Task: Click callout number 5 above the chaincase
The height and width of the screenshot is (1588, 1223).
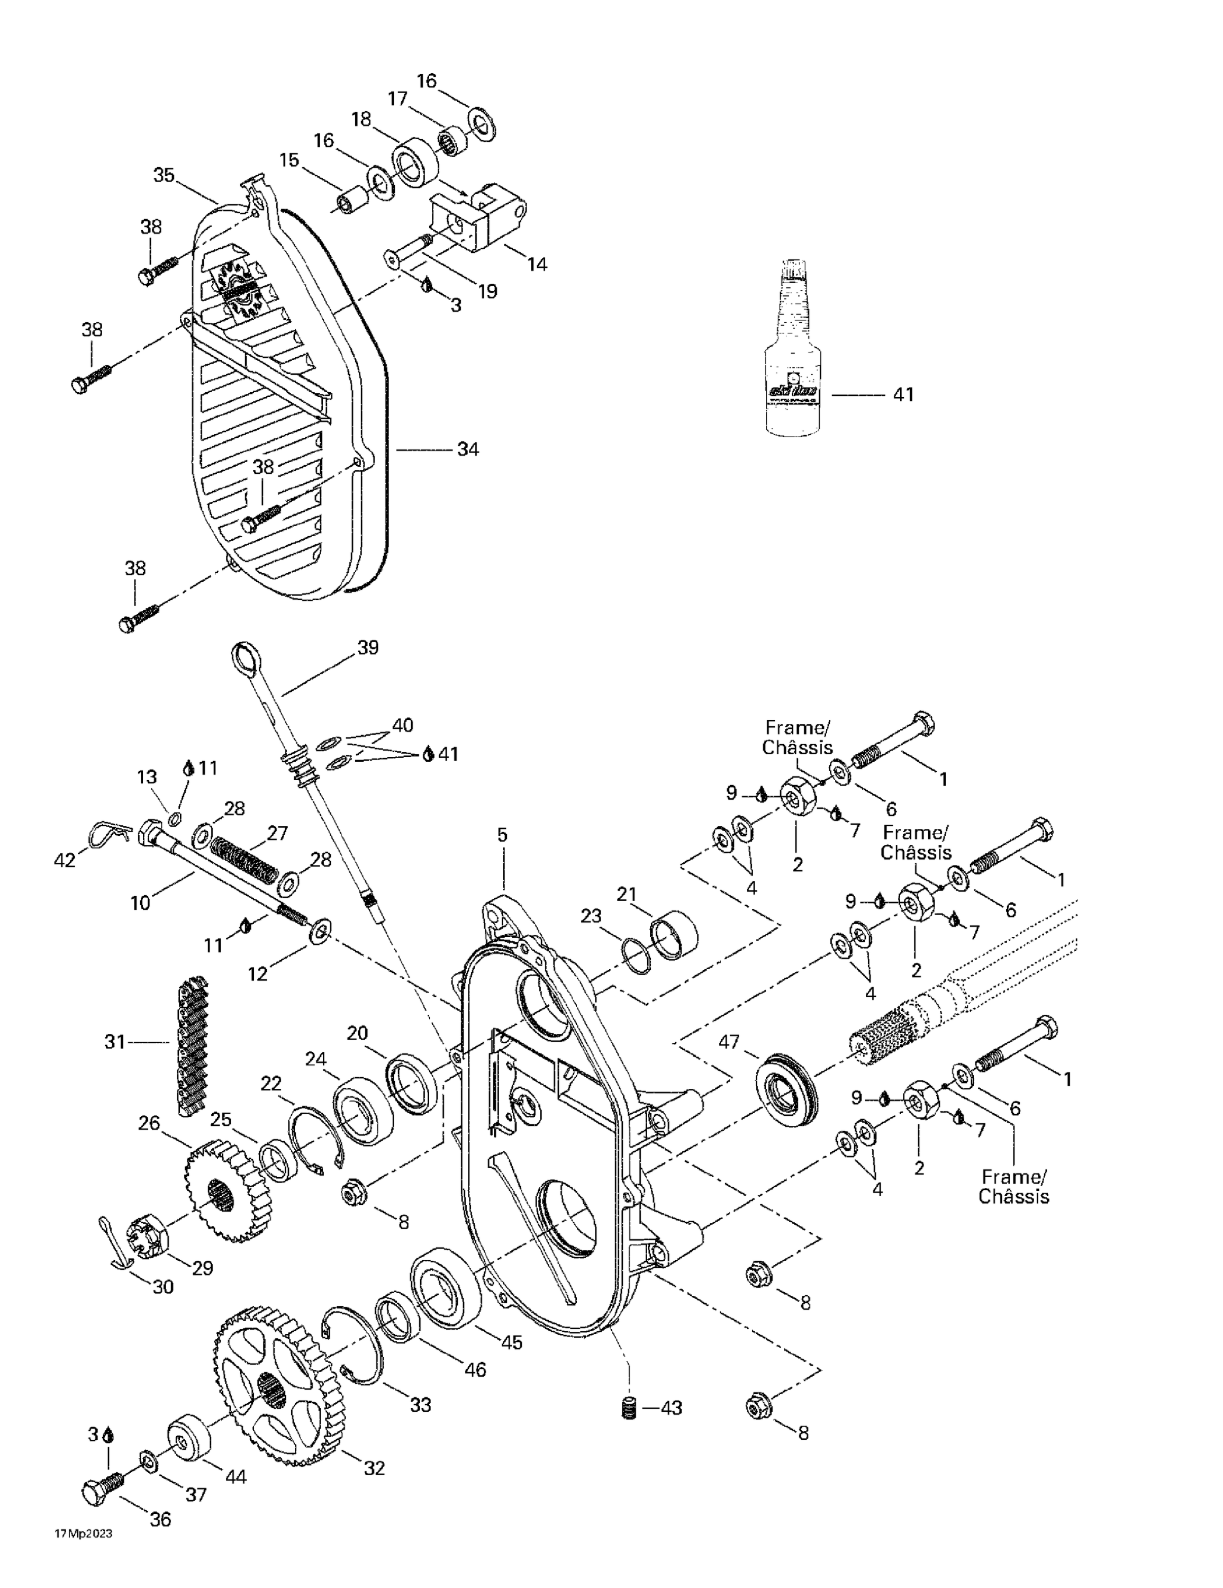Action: tap(502, 835)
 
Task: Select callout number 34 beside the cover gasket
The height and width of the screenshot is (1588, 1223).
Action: tap(467, 449)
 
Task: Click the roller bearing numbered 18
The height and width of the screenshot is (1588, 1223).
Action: tap(415, 161)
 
